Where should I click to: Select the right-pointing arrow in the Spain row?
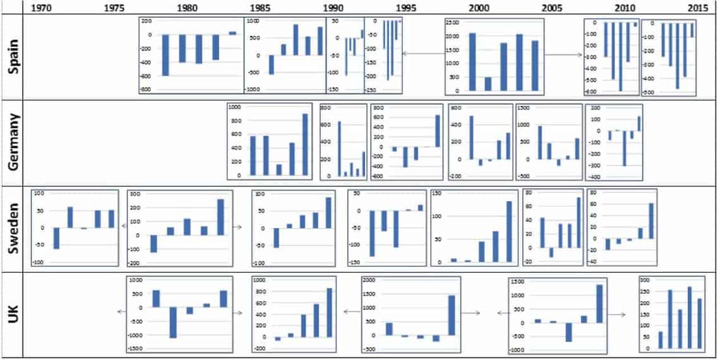click(x=563, y=54)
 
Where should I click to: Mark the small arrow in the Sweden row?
click(x=238, y=226)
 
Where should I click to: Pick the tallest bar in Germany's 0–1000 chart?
click(x=306, y=144)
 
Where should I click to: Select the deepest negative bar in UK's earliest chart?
click(x=172, y=322)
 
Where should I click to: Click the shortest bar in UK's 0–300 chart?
click(x=661, y=340)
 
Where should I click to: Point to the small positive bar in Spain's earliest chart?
click(x=232, y=33)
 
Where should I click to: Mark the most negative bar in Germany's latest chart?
click(x=625, y=148)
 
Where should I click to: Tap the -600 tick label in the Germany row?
click(x=378, y=176)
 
